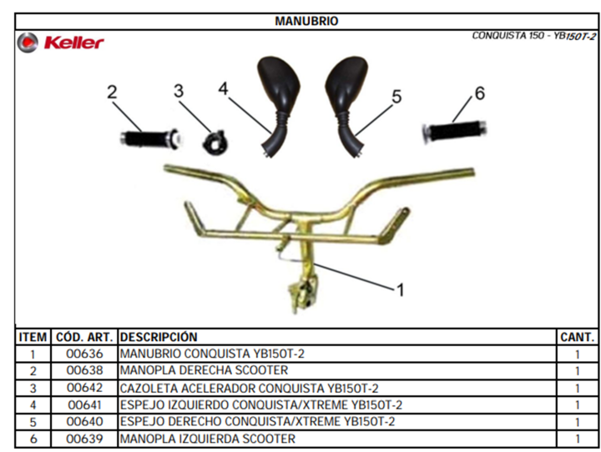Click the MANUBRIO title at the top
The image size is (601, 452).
click(306, 21)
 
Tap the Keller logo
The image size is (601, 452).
click(61, 43)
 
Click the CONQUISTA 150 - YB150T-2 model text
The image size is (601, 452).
click(534, 36)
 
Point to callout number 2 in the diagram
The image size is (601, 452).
click(112, 92)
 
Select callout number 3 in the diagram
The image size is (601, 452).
click(179, 91)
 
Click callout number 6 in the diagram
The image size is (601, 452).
click(479, 93)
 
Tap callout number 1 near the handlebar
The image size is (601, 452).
click(401, 290)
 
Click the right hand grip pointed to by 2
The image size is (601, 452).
click(150, 138)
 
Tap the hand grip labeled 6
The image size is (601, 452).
click(455, 132)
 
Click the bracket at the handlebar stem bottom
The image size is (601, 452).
click(304, 295)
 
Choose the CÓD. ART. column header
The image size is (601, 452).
click(84, 337)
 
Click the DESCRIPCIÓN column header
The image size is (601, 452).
click(159, 337)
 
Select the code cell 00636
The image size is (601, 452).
click(84, 354)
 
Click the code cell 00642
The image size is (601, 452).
click(84, 388)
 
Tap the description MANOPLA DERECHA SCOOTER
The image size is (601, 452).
click(204, 370)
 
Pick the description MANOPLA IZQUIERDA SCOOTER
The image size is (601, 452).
click(207, 439)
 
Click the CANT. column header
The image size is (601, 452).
click(578, 337)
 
